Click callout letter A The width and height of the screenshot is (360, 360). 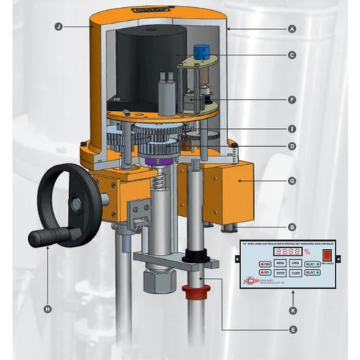pyautogui.click(x=292, y=30)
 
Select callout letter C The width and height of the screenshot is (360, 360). pyautogui.click(x=292, y=55)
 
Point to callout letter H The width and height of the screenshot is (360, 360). pyautogui.click(x=48, y=309)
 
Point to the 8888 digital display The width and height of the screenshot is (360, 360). pyautogui.click(x=288, y=252)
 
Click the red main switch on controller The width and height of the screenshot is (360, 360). pyautogui.click(x=328, y=255)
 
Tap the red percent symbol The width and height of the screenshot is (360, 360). pyautogui.click(x=307, y=252)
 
